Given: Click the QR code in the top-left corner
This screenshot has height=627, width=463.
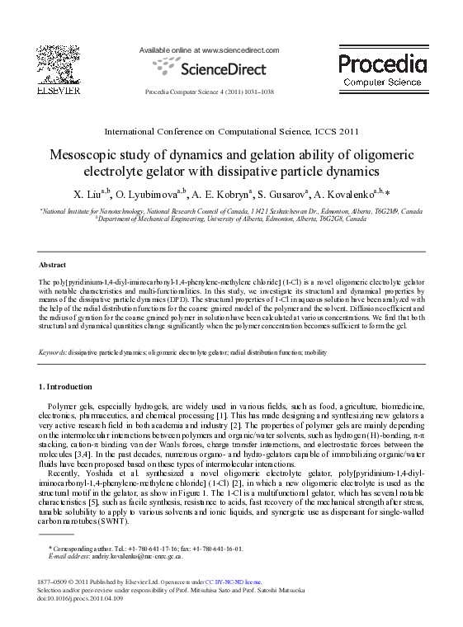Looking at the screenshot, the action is (x=58, y=62).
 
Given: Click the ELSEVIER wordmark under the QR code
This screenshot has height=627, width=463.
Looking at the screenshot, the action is (x=58, y=91).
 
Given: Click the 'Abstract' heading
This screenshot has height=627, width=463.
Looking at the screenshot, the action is (x=53, y=265).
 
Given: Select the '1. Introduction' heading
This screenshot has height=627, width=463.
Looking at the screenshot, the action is (x=66, y=386).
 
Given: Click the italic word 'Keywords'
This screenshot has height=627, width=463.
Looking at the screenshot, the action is (x=53, y=352).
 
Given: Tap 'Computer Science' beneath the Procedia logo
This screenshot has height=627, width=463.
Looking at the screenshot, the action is (x=382, y=82).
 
